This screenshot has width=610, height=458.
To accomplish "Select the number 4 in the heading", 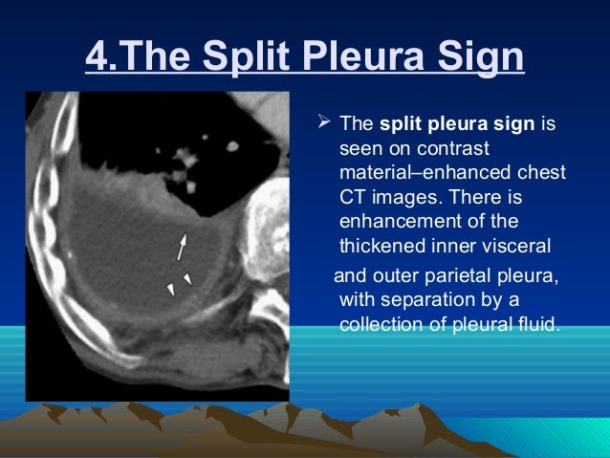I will (96, 58).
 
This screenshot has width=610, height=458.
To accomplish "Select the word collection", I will (380, 325).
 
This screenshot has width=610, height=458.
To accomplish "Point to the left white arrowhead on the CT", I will (170, 289).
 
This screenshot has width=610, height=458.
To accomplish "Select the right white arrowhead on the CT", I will (188, 279).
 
